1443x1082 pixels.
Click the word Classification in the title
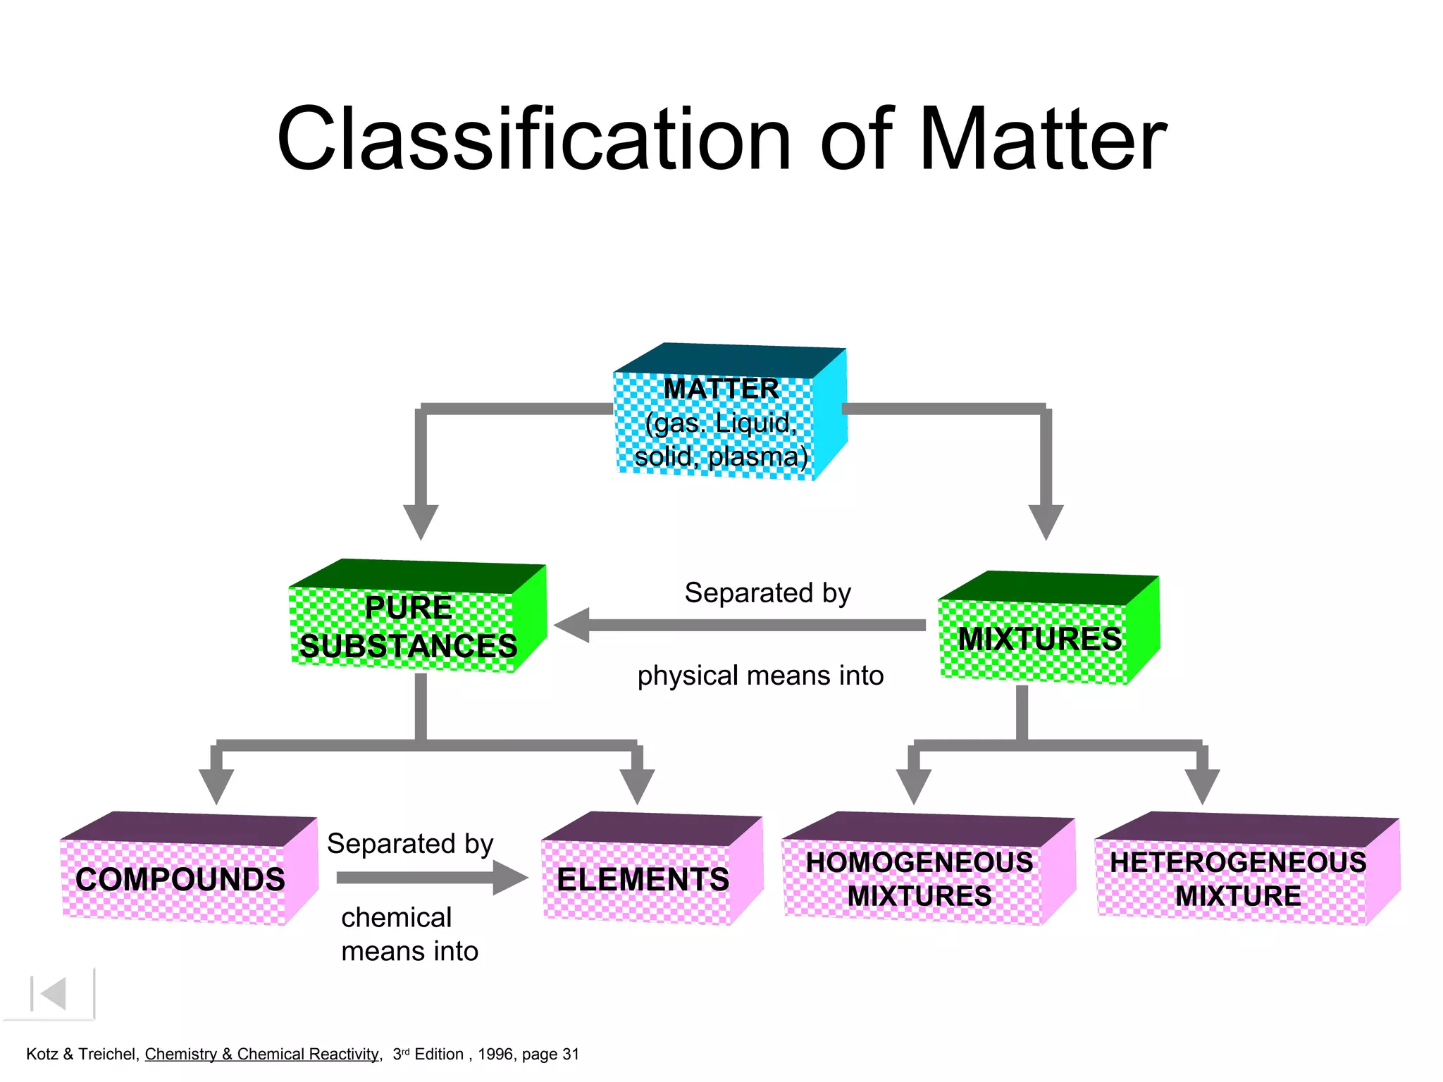pos(534,139)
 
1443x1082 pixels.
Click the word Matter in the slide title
pos(1043,139)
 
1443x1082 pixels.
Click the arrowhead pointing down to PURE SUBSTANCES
pos(421,521)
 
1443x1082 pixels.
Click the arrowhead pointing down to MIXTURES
pos(1046,521)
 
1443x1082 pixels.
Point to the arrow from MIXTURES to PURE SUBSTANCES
pos(740,625)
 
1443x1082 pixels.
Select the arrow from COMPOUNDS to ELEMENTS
pos(430,878)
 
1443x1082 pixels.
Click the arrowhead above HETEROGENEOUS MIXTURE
pos(1202,785)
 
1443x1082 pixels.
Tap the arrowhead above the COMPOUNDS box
pos(216,785)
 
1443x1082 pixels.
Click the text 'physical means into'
pos(760,676)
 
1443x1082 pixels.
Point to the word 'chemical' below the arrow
pos(396,917)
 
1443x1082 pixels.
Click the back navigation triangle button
pos(54,994)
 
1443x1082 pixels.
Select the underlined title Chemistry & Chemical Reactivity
pos(262,1054)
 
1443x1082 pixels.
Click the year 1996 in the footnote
pos(497,1054)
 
